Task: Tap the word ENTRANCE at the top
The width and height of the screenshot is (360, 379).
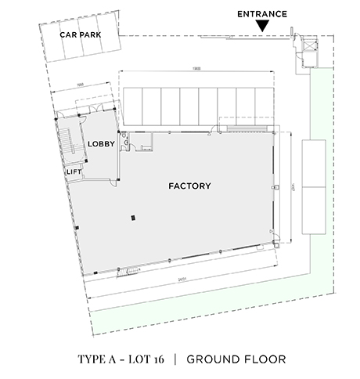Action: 262,14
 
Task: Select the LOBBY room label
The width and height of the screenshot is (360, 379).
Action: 102,143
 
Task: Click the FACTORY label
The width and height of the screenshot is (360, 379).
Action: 190,186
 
